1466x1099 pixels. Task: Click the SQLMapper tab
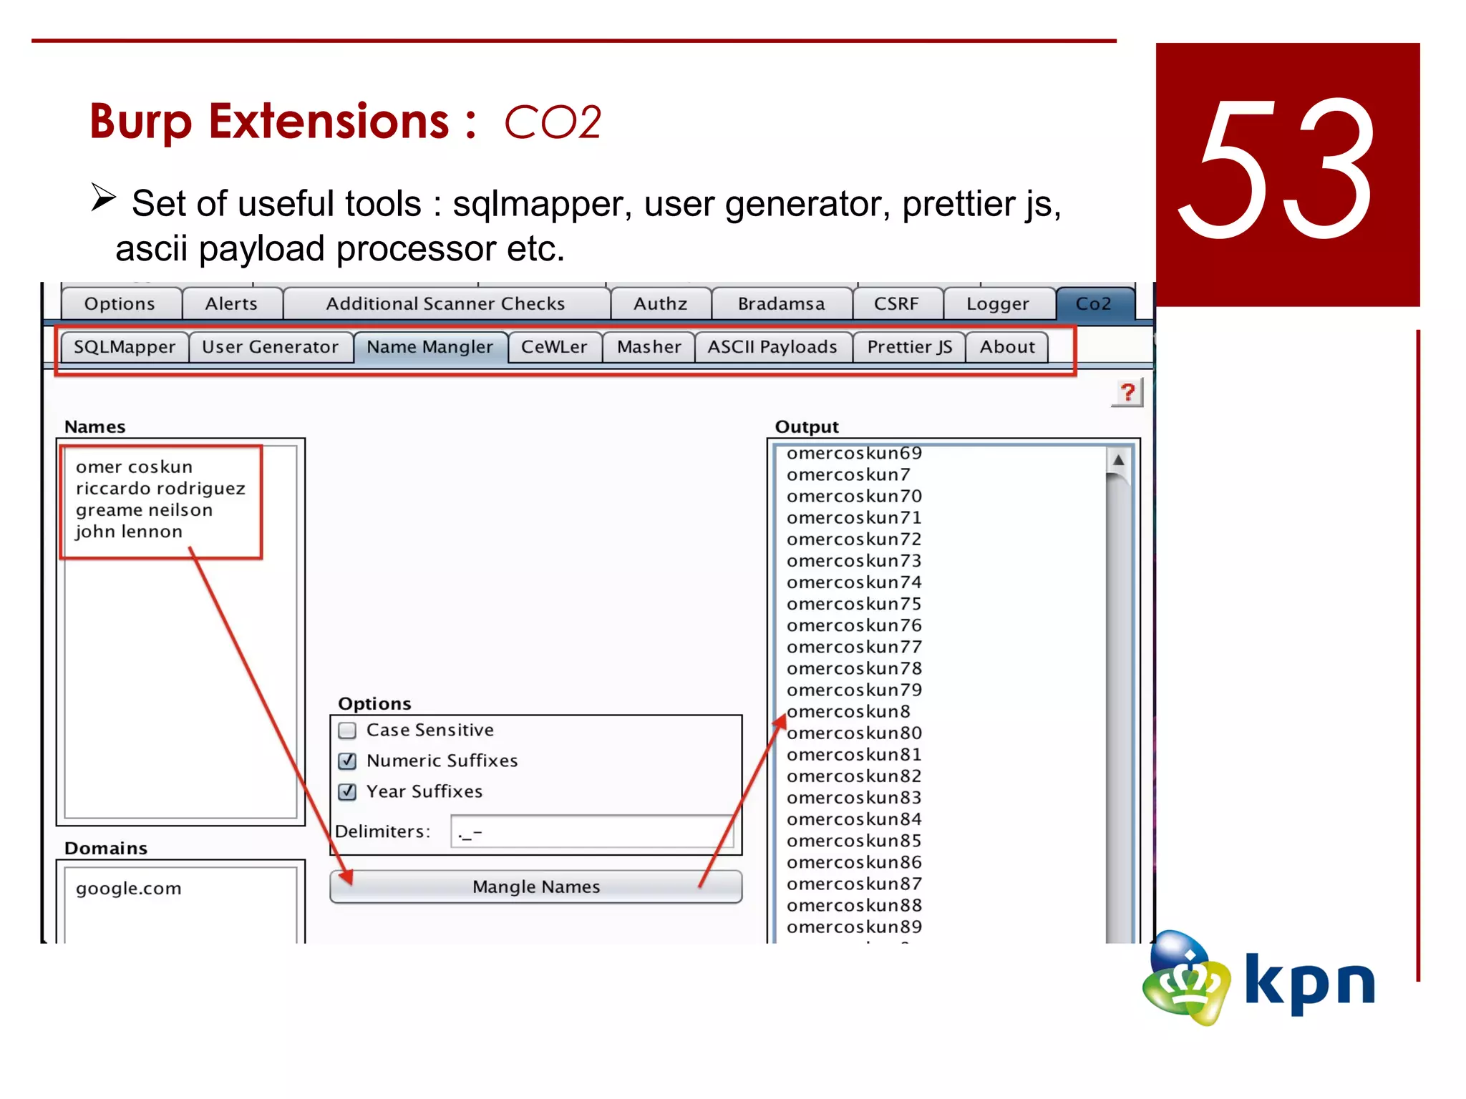(x=124, y=347)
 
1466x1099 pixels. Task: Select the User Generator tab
(x=270, y=347)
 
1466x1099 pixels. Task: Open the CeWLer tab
(x=553, y=347)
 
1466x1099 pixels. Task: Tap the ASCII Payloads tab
(x=772, y=347)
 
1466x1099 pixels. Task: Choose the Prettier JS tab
(x=909, y=347)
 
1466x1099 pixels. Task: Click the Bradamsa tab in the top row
(x=781, y=304)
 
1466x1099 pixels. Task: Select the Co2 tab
(x=1093, y=304)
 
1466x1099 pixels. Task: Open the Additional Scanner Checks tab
(x=445, y=304)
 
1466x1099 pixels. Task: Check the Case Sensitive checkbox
(x=348, y=731)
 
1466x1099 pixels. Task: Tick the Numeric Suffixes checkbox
(x=348, y=761)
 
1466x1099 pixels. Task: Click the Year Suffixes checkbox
(x=348, y=791)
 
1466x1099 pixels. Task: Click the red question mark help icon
(x=1127, y=392)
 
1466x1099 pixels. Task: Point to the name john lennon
(x=129, y=532)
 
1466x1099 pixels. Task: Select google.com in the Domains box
(x=129, y=889)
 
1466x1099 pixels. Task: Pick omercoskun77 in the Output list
(x=854, y=647)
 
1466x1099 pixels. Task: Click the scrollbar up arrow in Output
(x=1118, y=460)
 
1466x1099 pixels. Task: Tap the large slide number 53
(x=1278, y=172)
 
